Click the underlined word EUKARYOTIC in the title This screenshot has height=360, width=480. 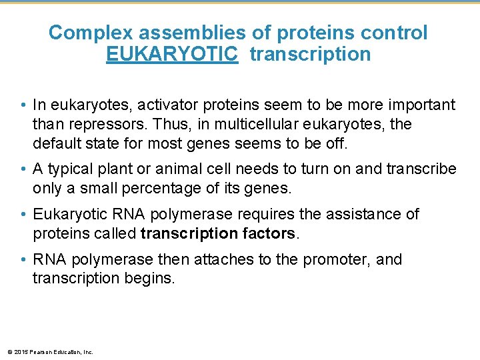coord(171,54)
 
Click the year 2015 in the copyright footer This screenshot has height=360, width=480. coord(20,352)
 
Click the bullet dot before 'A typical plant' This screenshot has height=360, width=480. coord(23,169)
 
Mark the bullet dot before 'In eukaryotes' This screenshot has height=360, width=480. coord(23,105)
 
